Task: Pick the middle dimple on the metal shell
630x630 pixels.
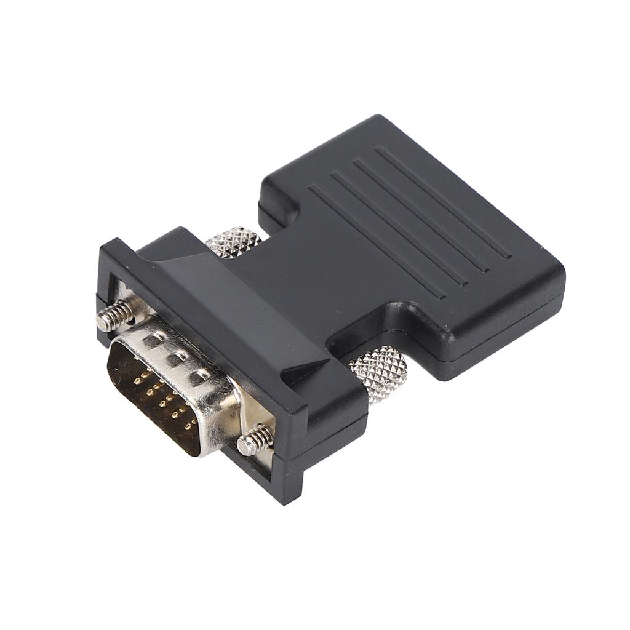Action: point(175,357)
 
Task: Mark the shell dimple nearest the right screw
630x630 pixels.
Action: point(198,377)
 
